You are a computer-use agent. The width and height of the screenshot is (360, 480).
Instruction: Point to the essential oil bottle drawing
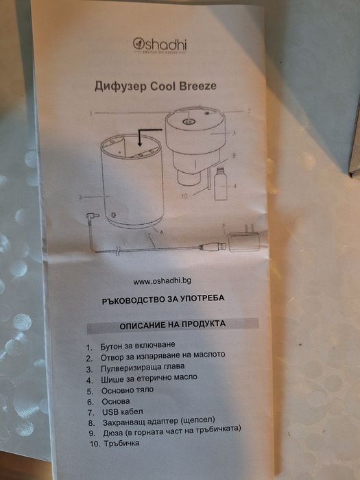pyautogui.click(x=220, y=183)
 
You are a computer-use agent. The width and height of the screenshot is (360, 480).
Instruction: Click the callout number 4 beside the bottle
pyautogui.click(x=235, y=185)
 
